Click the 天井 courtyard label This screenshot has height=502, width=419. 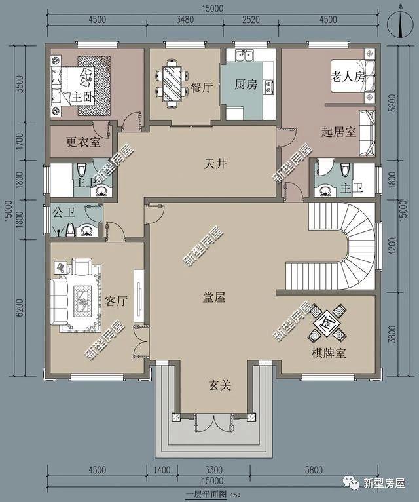(215, 164)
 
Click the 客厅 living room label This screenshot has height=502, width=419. (116, 301)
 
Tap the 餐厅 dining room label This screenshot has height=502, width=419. (202, 88)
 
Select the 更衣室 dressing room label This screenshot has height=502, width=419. (83, 142)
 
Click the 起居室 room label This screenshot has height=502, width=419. (338, 132)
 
